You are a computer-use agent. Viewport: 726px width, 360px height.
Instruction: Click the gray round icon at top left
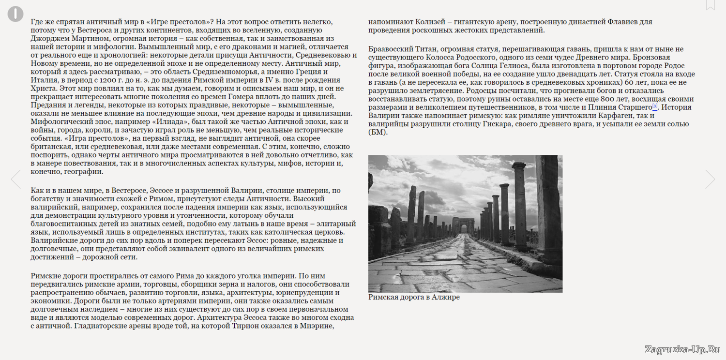coord(15,14)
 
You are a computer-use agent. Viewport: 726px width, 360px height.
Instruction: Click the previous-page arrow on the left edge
coord(16,179)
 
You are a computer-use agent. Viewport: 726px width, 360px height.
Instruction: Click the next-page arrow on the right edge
coord(710,179)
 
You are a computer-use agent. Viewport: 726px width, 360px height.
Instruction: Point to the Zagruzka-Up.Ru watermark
coord(683,349)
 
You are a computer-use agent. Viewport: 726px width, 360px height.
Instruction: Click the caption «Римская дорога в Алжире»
coord(414,297)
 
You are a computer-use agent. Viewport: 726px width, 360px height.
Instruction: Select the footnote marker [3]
coord(655,106)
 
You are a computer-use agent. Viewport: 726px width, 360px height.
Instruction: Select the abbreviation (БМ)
coord(378,132)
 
